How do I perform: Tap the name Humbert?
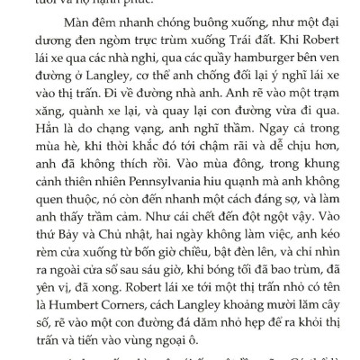(84, 300)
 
